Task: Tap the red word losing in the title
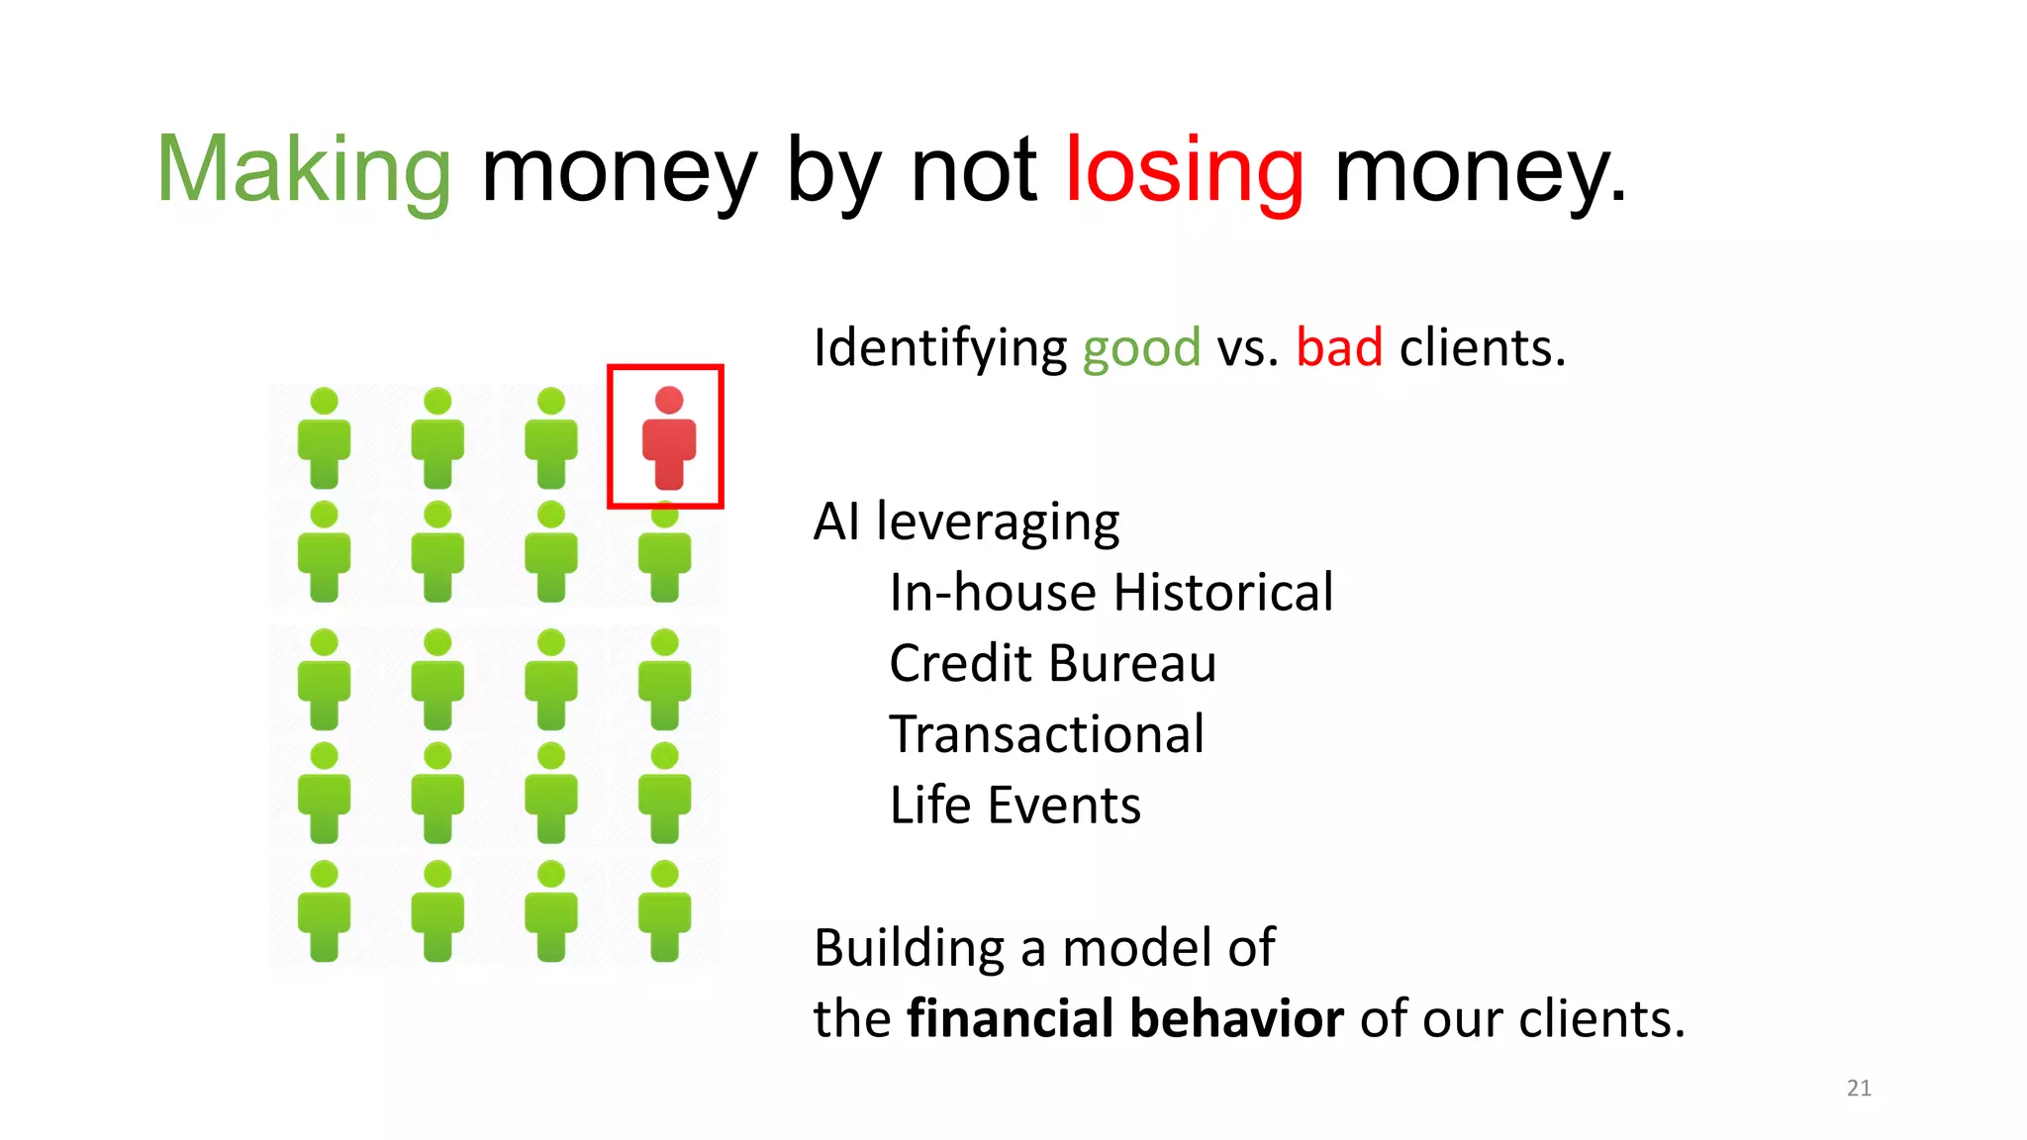[1185, 173]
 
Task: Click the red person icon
[669, 439]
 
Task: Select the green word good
[1141, 349]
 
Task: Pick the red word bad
[1339, 348]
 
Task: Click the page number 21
[1859, 1089]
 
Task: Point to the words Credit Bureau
[1052, 663]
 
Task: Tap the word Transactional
[1046, 734]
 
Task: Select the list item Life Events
[1014, 806]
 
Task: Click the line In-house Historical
[1110, 593]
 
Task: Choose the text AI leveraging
[966, 522]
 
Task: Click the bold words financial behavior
[1125, 1019]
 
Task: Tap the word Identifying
[939, 349]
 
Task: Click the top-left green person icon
[324, 439]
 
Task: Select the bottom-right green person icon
[665, 912]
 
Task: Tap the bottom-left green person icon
[324, 912]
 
